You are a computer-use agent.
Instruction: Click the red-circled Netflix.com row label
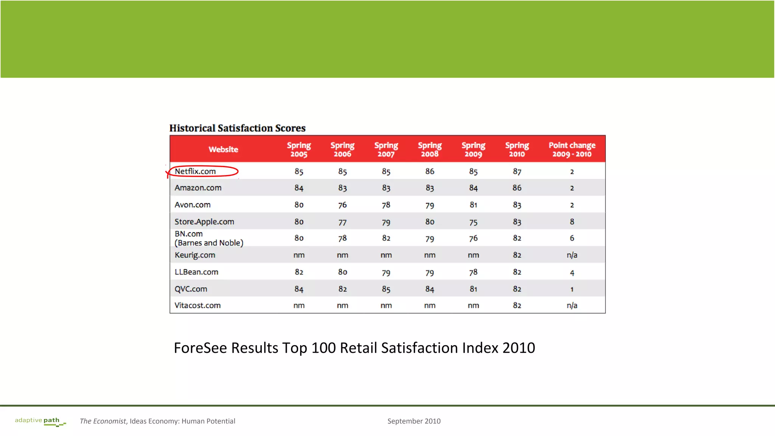(x=195, y=171)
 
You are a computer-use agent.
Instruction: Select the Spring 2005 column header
(x=299, y=149)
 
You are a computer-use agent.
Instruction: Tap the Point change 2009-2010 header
(x=572, y=149)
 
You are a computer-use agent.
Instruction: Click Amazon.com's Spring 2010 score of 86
(x=517, y=188)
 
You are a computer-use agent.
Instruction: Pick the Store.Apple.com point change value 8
(x=572, y=222)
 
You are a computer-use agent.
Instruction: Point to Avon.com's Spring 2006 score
(x=342, y=205)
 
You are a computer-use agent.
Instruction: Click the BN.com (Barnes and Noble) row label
(x=209, y=238)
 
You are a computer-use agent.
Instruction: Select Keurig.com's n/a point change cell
(x=572, y=255)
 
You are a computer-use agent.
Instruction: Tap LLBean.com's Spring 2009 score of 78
(x=473, y=272)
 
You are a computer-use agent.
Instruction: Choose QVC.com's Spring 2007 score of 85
(x=386, y=289)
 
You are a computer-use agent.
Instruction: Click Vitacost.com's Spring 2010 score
(x=517, y=306)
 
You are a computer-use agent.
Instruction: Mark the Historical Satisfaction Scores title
(x=237, y=128)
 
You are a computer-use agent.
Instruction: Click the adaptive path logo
(x=39, y=421)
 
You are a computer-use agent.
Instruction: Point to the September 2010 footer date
(x=414, y=421)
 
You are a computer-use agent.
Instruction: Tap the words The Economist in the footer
(x=103, y=421)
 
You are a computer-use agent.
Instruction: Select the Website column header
(x=223, y=149)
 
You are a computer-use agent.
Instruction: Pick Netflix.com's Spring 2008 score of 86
(x=430, y=171)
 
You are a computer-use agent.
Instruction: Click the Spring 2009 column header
(x=473, y=149)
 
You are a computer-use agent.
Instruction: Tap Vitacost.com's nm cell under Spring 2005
(x=299, y=306)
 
